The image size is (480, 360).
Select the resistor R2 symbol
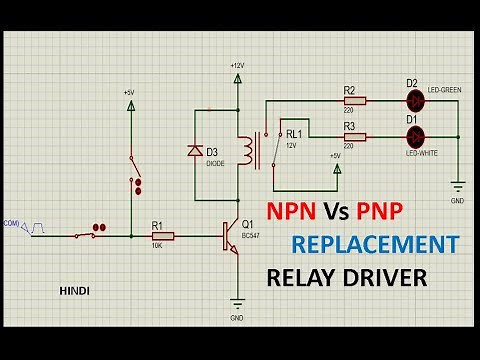[x=355, y=100]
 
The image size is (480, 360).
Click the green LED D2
[x=416, y=100]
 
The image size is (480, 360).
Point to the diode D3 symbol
[x=196, y=151]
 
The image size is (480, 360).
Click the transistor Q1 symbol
[x=233, y=237]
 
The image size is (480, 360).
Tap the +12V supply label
[x=236, y=65]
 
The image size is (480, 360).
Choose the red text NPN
[x=291, y=211]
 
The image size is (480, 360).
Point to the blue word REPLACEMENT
[x=375, y=244]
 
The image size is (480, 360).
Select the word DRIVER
[x=383, y=278]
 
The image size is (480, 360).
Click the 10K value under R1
[x=157, y=247]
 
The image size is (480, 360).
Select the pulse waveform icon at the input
[x=37, y=229]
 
